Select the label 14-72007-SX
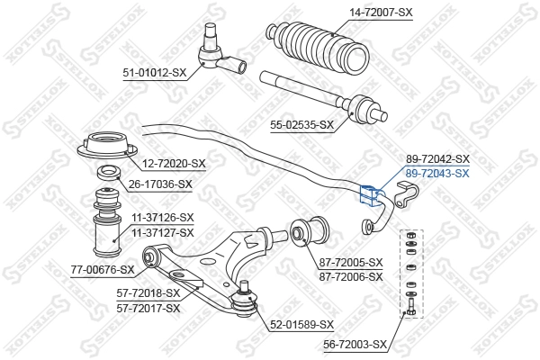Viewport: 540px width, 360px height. point(381,12)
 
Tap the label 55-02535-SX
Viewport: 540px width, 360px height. point(301,125)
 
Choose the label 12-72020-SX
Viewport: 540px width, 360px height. point(174,163)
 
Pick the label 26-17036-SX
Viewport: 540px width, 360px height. point(160,184)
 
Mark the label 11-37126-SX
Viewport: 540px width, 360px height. point(162,218)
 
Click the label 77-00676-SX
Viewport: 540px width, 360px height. point(103,268)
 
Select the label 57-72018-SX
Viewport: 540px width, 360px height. point(148,293)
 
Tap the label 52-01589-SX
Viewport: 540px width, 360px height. point(301,324)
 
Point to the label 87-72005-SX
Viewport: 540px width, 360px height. point(351,263)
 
